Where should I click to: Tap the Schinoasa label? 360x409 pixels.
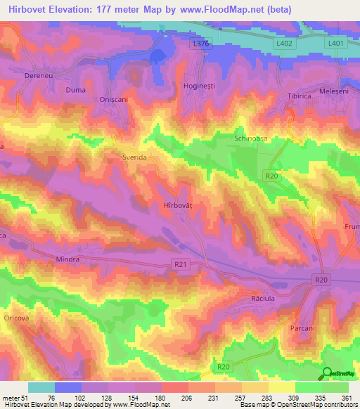(252, 139)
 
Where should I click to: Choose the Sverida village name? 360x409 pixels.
(134, 158)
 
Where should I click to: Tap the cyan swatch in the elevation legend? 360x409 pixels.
(41, 387)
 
